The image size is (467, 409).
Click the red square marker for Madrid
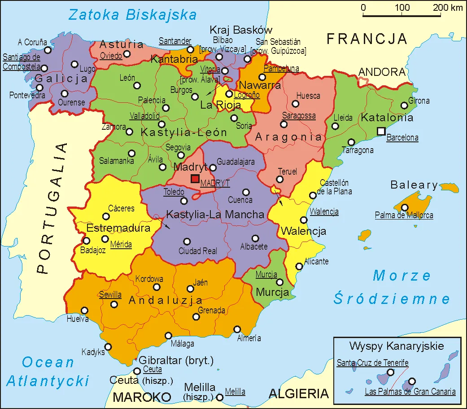pyautogui.click(x=195, y=179)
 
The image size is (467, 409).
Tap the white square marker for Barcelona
pyautogui.click(x=381, y=131)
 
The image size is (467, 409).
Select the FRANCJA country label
pyautogui.click(x=367, y=39)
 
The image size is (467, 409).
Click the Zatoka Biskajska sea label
pyautogui.click(x=132, y=15)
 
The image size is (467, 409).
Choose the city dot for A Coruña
pyautogui.click(x=48, y=50)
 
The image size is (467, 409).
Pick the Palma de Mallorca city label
pyautogui.click(x=404, y=215)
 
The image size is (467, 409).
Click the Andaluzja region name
pyautogui.click(x=166, y=300)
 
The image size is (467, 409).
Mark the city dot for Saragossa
pyautogui.click(x=284, y=124)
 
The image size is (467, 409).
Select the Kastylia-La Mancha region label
pyautogui.click(x=215, y=215)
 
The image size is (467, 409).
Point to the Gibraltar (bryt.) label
pyautogui.click(x=176, y=361)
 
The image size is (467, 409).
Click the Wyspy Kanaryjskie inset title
pyautogui.click(x=397, y=346)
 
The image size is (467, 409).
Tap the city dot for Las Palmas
pyautogui.click(x=412, y=381)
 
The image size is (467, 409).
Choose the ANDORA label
pyautogui.click(x=382, y=72)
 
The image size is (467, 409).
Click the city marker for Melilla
pyautogui.click(x=220, y=397)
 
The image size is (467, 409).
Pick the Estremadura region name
pyautogui.click(x=118, y=228)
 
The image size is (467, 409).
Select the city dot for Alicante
pyautogui.click(x=299, y=266)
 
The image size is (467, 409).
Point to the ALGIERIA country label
pyautogui.click(x=298, y=394)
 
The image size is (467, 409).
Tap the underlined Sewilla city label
pyautogui.click(x=110, y=295)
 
